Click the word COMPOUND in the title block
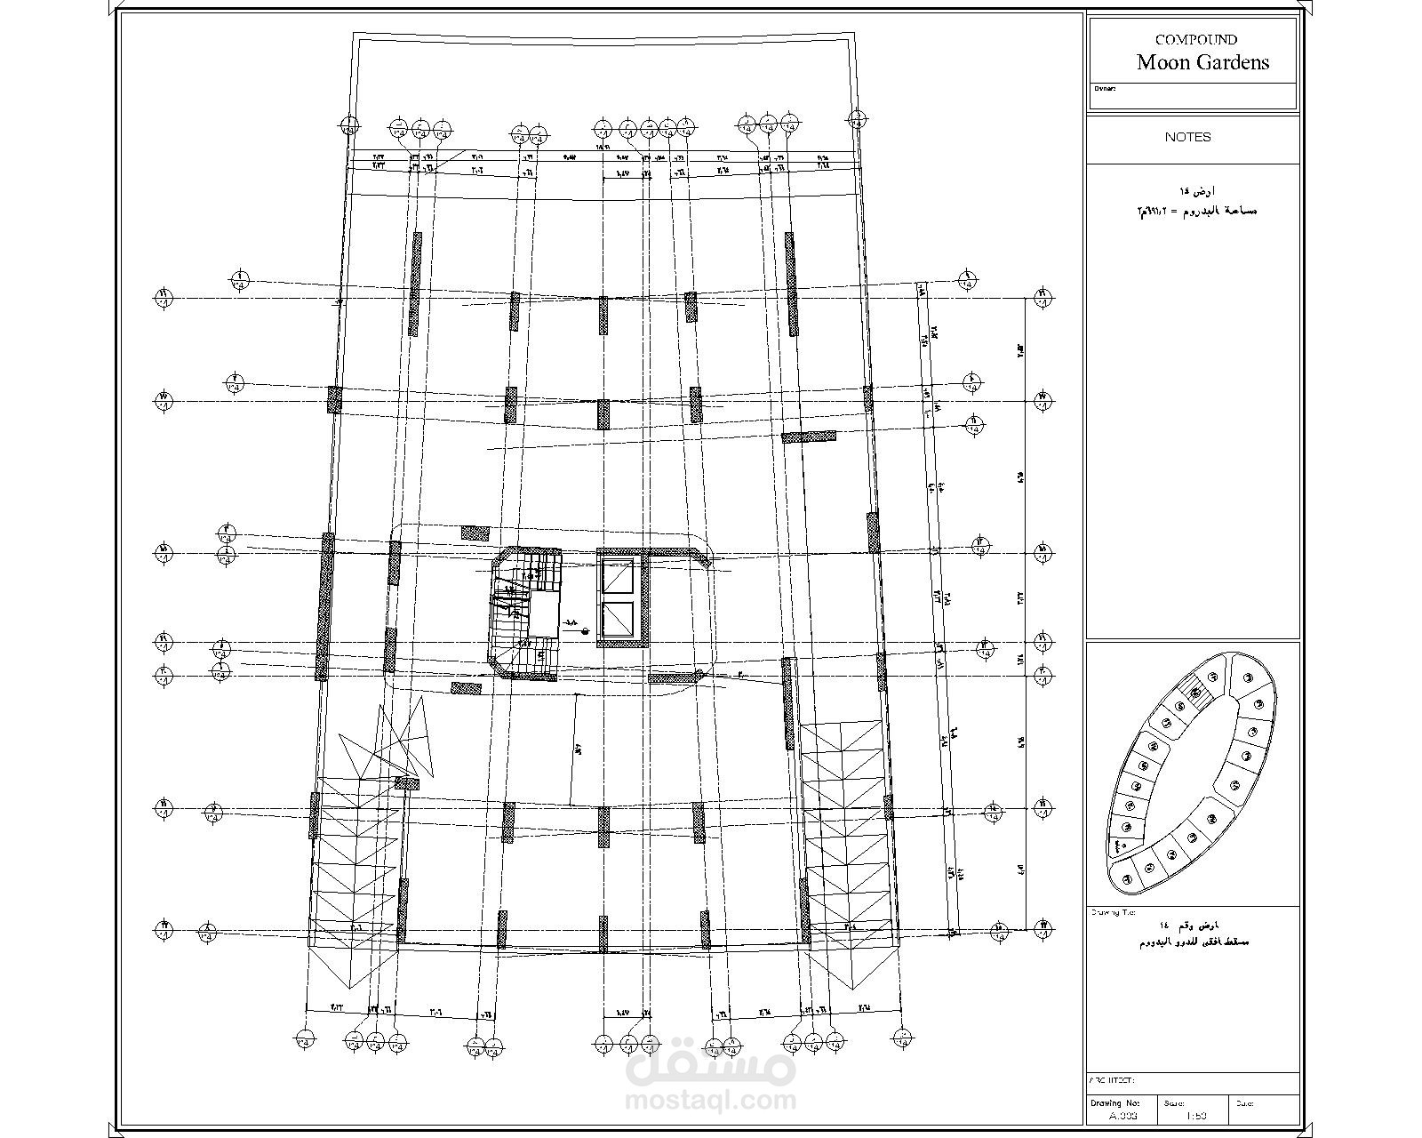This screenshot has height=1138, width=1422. pyautogui.click(x=1195, y=39)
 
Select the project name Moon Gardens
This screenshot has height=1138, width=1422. pyautogui.click(x=1202, y=62)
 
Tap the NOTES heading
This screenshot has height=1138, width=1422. pyautogui.click(x=1187, y=137)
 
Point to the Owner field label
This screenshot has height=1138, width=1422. pyautogui.click(x=1104, y=89)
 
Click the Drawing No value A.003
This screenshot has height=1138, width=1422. pyautogui.click(x=1123, y=1116)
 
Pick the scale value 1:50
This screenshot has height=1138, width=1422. pyautogui.click(x=1195, y=1116)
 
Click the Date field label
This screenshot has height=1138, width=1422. pyautogui.click(x=1243, y=1103)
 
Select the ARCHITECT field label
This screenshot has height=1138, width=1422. pyautogui.click(x=1112, y=1080)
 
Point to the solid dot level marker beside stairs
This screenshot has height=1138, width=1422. pyautogui.click(x=586, y=631)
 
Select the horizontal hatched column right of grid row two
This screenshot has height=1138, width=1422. pyautogui.click(x=809, y=437)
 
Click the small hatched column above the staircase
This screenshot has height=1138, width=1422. pyautogui.click(x=475, y=533)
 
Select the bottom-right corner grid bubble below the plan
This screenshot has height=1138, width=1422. pyautogui.click(x=903, y=1037)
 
